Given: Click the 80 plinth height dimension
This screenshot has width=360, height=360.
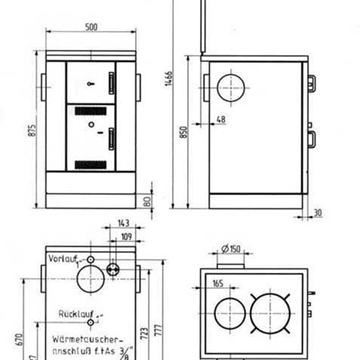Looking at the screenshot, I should (x=146, y=204).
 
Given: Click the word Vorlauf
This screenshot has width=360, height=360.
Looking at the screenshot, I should (x=60, y=259).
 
